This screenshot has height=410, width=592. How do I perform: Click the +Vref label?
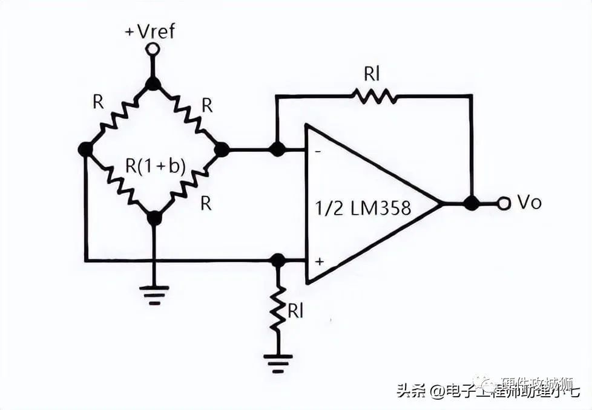[150, 31]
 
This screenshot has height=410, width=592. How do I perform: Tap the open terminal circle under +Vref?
[154, 48]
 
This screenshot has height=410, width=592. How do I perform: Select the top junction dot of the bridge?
[154, 83]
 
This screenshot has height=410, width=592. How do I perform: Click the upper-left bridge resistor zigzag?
[119, 116]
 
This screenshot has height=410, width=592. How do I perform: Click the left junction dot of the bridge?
[86, 149]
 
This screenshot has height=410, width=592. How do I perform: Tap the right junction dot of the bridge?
[222, 149]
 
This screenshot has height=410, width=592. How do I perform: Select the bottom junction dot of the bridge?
[154, 217]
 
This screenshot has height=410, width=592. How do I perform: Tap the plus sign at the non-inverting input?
[318, 262]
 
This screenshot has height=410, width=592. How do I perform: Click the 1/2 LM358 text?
[363, 208]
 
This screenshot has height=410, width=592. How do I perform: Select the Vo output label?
[529, 203]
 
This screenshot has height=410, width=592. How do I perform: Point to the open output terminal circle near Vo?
[504, 204]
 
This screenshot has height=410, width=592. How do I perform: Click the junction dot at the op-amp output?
[472, 204]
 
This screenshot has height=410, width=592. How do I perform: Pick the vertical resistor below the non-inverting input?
[278, 308]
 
